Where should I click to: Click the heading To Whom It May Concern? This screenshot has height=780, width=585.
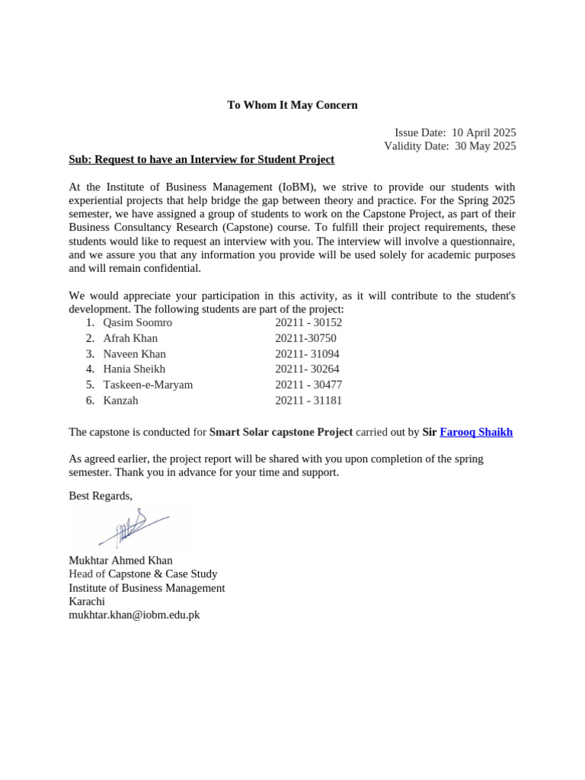coord(292,105)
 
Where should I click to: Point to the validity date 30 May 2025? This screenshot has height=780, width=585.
coord(485,146)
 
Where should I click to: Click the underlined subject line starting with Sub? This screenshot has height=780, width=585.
coord(201,159)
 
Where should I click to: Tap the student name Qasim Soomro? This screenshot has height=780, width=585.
coord(137,322)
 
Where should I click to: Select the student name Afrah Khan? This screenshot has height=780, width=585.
coord(130,338)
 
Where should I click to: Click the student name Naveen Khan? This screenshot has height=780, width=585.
coord(134,354)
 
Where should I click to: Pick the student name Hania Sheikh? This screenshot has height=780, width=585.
coord(134,369)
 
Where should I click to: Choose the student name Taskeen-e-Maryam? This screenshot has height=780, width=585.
coord(148,385)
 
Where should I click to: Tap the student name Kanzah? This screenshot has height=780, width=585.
coord(120,401)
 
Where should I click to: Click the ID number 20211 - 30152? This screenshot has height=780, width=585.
coord(308,322)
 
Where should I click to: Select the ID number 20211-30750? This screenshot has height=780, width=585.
coord(305,338)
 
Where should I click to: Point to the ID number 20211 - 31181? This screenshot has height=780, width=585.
coord(308,401)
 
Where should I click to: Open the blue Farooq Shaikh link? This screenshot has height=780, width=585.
coord(476,432)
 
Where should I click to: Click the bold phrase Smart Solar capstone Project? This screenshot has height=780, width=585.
coord(281,432)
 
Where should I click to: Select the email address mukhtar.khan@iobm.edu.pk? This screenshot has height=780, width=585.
coord(134,615)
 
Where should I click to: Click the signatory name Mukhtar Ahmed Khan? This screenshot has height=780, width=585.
coord(120,561)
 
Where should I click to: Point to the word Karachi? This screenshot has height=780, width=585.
coord(87,601)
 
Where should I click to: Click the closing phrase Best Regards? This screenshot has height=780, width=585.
coord(100,496)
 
